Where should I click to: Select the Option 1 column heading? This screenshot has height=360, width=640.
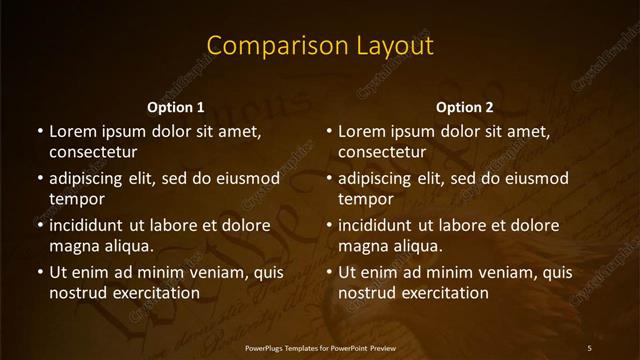point(175,107)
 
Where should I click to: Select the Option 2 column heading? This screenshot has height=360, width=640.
point(465,107)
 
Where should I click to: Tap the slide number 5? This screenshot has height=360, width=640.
point(590,347)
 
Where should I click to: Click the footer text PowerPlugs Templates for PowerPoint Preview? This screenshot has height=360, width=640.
point(320,347)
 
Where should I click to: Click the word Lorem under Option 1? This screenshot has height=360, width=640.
point(72,131)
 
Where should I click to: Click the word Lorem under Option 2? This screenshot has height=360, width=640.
point(362,131)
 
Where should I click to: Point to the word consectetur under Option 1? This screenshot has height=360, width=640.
point(93,152)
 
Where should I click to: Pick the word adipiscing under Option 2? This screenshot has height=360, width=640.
point(382,178)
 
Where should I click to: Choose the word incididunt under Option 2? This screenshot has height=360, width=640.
point(384,225)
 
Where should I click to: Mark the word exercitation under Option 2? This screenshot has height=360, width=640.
point(441,293)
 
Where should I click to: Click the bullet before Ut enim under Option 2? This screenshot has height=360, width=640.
point(329,272)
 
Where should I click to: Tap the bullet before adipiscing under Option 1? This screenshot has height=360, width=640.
point(39,178)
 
